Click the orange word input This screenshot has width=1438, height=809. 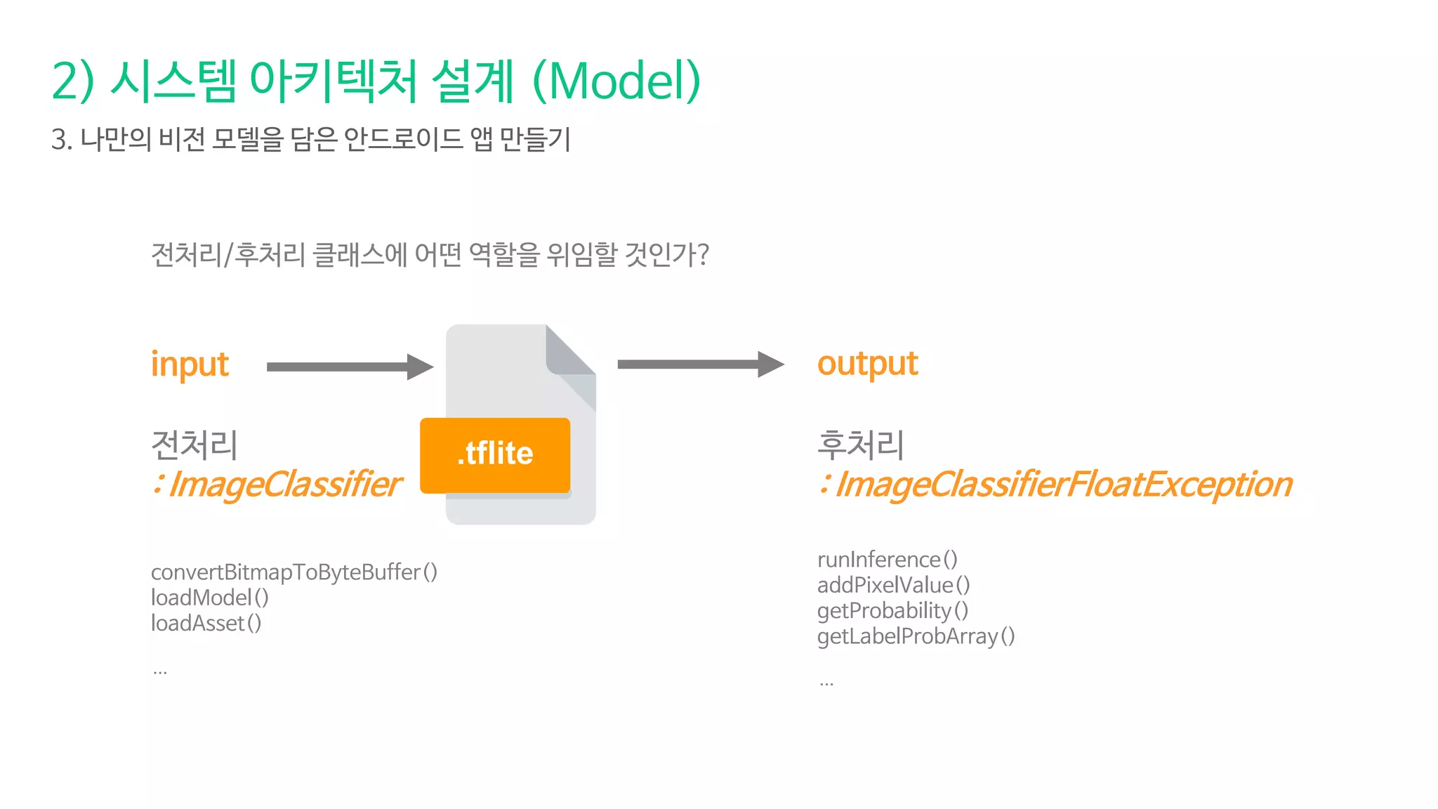coord(190,364)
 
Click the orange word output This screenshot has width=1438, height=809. coord(867,364)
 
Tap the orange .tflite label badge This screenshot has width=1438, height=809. coord(495,454)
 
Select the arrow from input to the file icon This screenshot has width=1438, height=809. coord(349,367)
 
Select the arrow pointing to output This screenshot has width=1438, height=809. coord(699,364)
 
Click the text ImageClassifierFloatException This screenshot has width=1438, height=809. coord(1063,485)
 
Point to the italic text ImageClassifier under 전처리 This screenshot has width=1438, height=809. coord(285,485)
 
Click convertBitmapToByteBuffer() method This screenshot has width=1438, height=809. coord(293,572)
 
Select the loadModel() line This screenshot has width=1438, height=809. coord(209,598)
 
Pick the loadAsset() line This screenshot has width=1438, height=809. coord(206,623)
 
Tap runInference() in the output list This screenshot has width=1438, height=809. coord(887,560)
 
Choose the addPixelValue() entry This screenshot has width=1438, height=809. coord(893,585)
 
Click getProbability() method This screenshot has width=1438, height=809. coord(892,610)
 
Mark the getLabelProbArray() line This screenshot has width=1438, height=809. coord(916,636)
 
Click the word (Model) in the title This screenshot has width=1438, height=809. coord(616,81)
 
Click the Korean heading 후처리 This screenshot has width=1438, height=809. coord(860,445)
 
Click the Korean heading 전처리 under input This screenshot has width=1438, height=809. coord(194,445)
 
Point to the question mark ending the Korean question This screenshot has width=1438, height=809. coord(703,254)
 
